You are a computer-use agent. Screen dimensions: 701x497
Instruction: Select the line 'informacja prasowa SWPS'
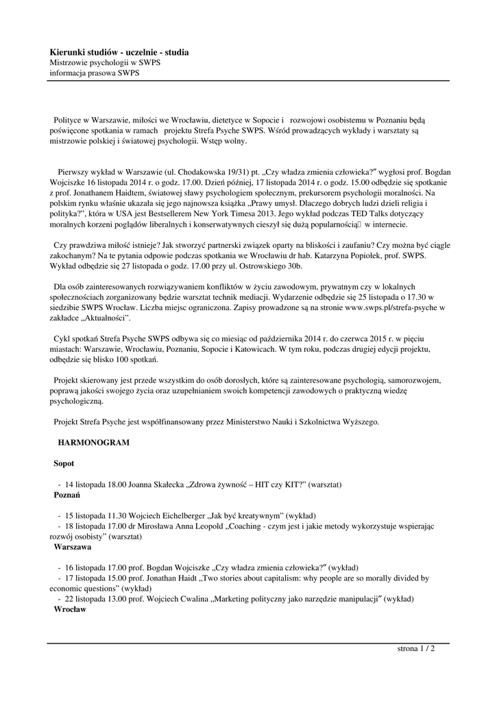pyautogui.click(x=94, y=73)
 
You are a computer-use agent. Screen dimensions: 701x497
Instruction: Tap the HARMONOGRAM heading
pyautogui.click(x=94, y=443)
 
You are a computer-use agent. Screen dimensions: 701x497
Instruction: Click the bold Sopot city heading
pyautogui.click(x=64, y=463)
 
